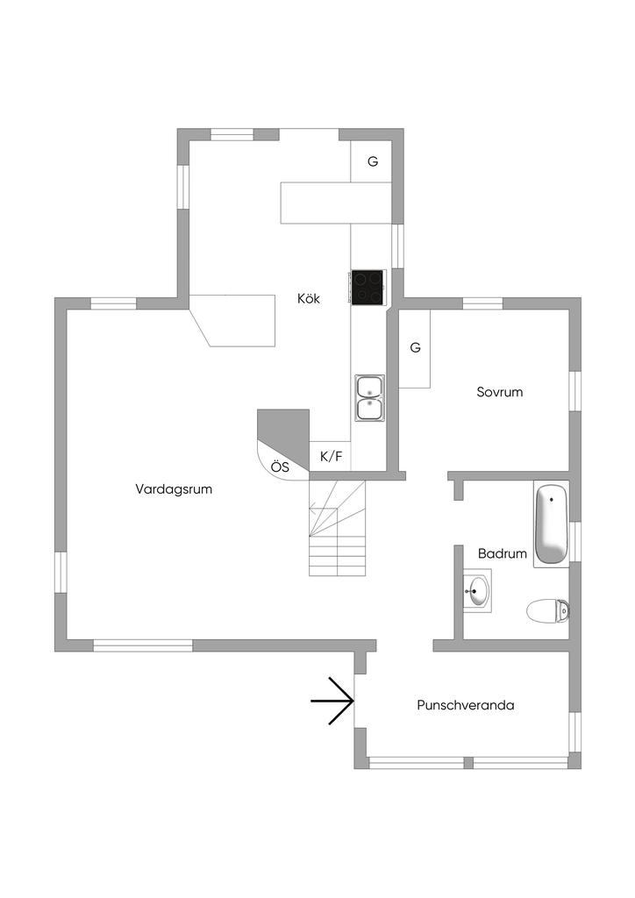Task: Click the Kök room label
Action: pos(309,298)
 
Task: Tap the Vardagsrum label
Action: pos(174,489)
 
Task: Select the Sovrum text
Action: pos(500,392)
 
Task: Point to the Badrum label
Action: pos(503,554)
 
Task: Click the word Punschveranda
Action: pos(466,705)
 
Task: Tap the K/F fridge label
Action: pos(331,456)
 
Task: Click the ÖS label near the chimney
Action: pos(280,467)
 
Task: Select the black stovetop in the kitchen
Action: pos(368,287)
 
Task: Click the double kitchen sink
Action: pos(369,398)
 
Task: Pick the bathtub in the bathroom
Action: pos(551,524)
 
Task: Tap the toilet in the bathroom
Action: pos(548,610)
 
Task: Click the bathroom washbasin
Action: pos(477,590)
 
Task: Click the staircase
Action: pos(338,528)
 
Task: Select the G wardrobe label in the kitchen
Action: pos(373,161)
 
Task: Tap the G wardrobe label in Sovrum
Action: pos(415,347)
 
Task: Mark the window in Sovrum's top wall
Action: pos(482,303)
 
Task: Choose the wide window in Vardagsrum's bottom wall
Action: pos(143,646)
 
